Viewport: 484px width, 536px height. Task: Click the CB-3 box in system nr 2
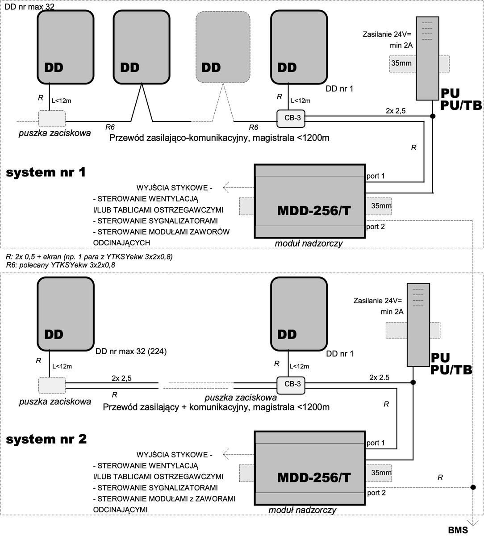click(x=292, y=384)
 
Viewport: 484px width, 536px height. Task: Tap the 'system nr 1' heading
click(x=46, y=172)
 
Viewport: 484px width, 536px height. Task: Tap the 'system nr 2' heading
click(x=46, y=439)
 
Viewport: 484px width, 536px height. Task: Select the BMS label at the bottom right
click(x=458, y=530)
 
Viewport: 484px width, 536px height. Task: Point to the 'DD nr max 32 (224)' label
click(x=131, y=352)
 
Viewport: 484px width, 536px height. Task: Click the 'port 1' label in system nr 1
click(x=376, y=176)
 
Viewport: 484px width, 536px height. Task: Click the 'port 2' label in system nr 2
click(x=376, y=493)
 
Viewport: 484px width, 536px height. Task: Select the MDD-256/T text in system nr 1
click(x=314, y=210)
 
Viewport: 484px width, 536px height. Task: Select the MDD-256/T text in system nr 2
click(x=314, y=477)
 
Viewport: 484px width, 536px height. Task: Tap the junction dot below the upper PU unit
click(x=432, y=117)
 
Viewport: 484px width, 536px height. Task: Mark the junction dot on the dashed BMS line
click(x=472, y=486)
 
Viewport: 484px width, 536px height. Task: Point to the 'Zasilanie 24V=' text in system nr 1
click(x=387, y=34)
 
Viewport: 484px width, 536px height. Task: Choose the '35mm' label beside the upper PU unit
click(x=401, y=63)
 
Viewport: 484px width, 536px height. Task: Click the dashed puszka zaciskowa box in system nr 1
click(x=52, y=118)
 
